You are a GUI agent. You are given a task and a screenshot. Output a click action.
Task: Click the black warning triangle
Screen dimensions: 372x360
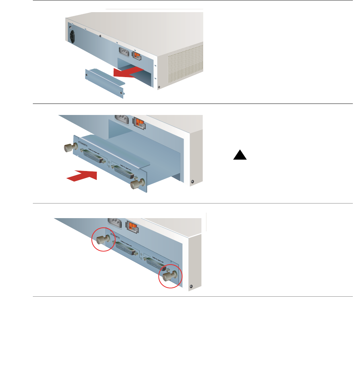click(x=240, y=155)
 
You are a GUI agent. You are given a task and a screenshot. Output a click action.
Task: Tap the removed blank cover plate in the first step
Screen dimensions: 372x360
click(x=105, y=83)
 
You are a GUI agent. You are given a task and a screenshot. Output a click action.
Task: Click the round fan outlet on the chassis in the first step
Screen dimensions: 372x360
click(x=74, y=36)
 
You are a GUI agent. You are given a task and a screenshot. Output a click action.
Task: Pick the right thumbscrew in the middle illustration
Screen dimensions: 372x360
click(x=136, y=184)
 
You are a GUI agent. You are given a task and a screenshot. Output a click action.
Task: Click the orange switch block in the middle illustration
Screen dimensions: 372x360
click(x=139, y=122)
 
